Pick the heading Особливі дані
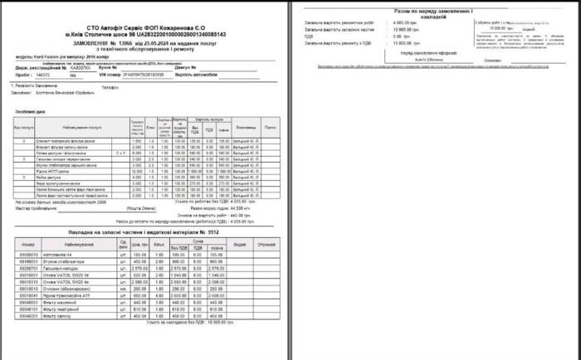[x=30, y=110]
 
